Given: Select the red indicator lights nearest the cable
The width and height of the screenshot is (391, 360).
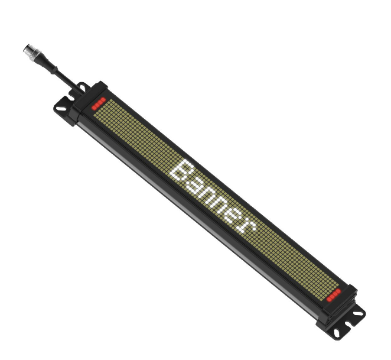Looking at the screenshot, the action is (99, 103).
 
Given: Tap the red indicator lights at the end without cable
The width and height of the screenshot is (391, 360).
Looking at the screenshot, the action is (334, 295).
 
